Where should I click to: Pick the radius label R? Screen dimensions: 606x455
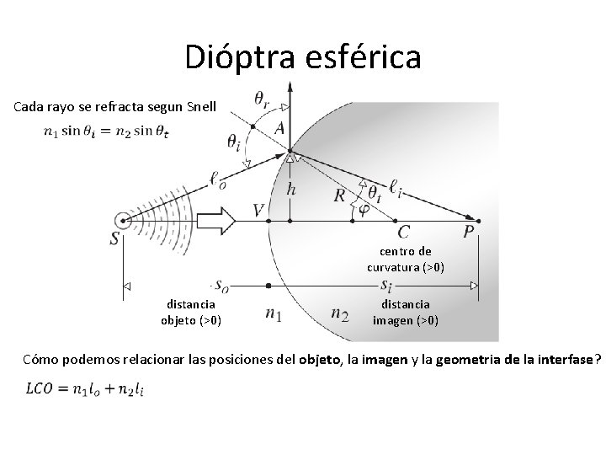(339, 195)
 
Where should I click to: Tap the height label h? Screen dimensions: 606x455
(291, 189)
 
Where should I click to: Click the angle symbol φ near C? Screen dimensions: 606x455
(363, 208)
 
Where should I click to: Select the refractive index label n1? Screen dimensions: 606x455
(273, 314)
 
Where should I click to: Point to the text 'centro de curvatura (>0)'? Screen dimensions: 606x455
(406, 260)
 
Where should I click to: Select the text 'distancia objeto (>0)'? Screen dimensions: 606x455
(191, 312)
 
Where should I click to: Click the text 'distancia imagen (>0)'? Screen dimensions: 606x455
(406, 312)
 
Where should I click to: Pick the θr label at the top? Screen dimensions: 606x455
(263, 98)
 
